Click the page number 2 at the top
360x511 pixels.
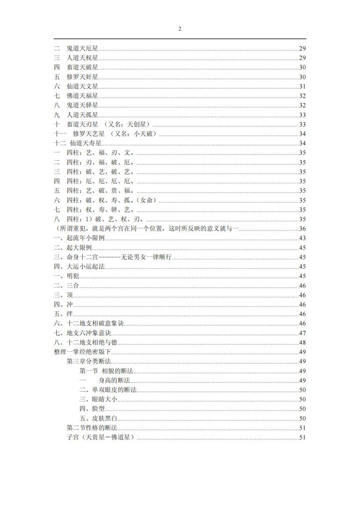pyautogui.click(x=180, y=28)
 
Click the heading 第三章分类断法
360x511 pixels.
pyautogui.click(x=88, y=362)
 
